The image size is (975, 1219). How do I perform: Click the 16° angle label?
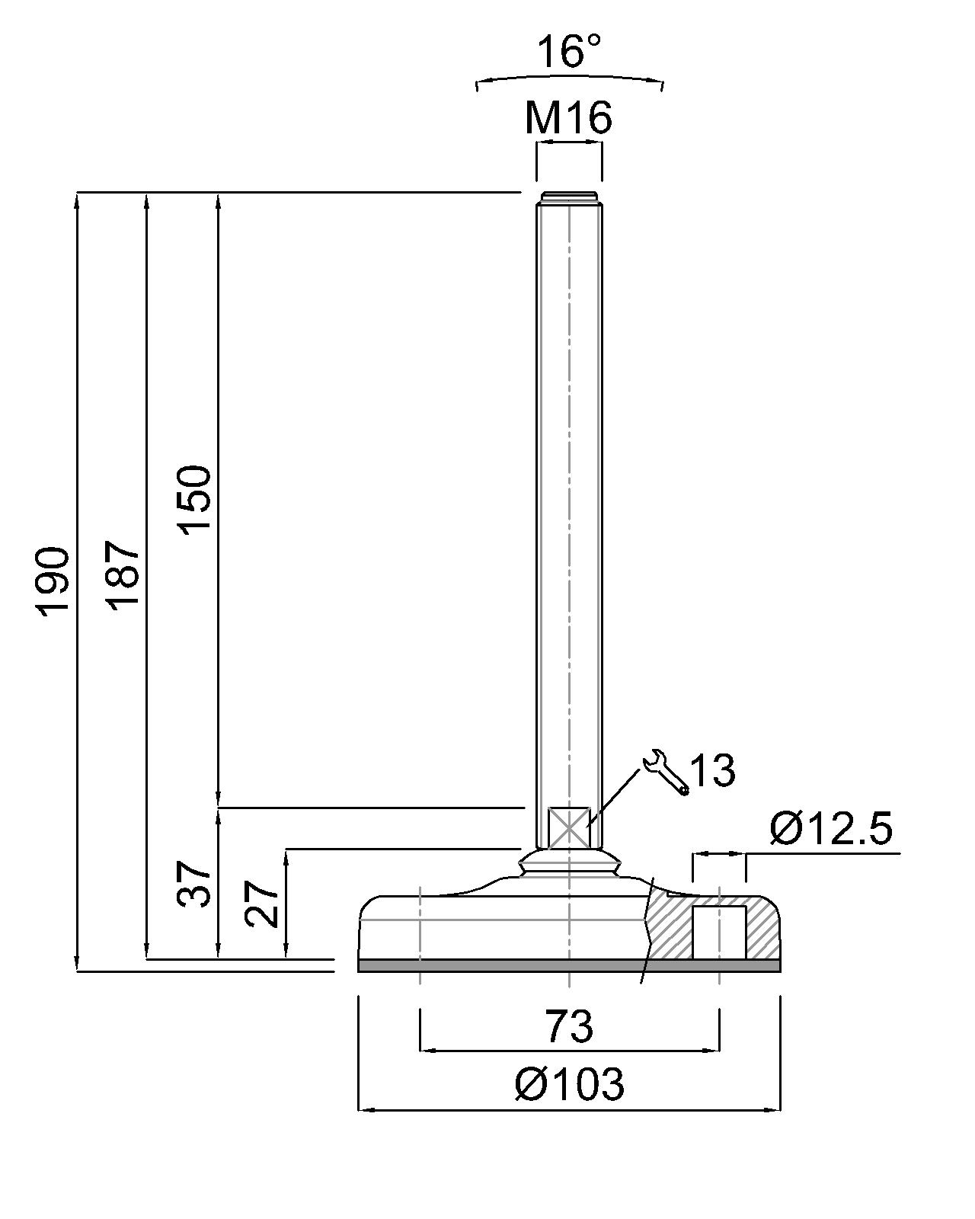pos(568,51)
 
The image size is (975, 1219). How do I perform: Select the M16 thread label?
pos(568,118)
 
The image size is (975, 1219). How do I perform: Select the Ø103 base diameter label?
pos(569,1083)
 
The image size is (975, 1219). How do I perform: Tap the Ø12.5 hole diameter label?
pos(831,828)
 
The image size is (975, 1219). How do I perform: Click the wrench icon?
pos(667,772)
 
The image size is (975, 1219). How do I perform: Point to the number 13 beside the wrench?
pos(713,769)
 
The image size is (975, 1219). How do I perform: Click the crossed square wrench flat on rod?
pos(569,827)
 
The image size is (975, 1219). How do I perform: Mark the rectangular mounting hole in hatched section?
pos(719,933)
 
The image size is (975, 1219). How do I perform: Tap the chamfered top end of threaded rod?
pos(569,197)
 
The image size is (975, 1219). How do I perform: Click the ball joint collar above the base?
pos(569,865)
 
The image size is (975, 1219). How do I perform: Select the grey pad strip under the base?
pos(569,966)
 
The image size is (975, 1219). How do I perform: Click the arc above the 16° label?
pos(569,79)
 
